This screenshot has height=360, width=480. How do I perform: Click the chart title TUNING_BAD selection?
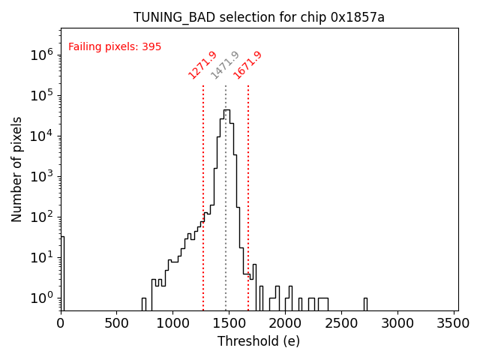(x=259, y=17)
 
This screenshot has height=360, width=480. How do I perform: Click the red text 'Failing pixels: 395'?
(x=115, y=46)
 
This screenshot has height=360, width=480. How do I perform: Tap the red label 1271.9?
(x=202, y=64)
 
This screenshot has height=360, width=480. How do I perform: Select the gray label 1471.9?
(x=225, y=64)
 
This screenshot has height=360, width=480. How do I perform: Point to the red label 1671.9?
(x=247, y=64)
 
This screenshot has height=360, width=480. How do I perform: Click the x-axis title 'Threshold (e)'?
(x=259, y=341)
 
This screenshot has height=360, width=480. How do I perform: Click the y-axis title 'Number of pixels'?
(x=17, y=169)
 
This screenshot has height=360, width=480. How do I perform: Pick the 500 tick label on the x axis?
(x=116, y=323)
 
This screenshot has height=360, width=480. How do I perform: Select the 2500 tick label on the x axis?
(x=341, y=323)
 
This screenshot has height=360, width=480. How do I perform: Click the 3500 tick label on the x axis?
(x=453, y=323)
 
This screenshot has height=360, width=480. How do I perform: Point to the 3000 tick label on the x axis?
(x=397, y=323)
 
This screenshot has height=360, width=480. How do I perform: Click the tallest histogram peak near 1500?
(x=226, y=111)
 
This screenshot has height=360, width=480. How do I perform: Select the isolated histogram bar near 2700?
(x=365, y=303)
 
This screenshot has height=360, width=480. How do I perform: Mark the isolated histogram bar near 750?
(x=143, y=303)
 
